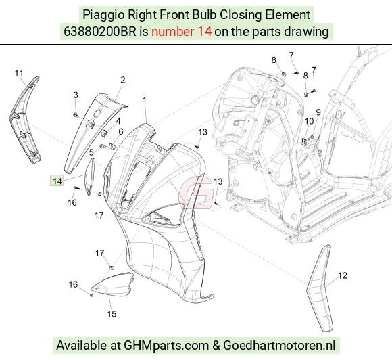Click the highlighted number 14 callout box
[x=57, y=181]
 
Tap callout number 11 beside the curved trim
[x=19, y=74]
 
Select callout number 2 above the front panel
[x=122, y=80]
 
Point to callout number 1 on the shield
[x=144, y=100]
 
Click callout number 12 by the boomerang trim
[x=343, y=275]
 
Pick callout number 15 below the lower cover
[x=112, y=314]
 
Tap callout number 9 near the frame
[x=318, y=112]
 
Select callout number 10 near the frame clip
[x=309, y=121]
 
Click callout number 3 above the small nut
[x=76, y=95]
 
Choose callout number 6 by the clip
[x=121, y=131]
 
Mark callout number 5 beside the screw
[x=91, y=152]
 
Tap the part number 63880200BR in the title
[x=100, y=32]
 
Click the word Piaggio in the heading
[x=103, y=15]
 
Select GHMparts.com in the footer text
[x=166, y=346]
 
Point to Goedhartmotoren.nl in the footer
[x=279, y=346]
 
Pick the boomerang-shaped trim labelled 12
[x=320, y=288]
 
